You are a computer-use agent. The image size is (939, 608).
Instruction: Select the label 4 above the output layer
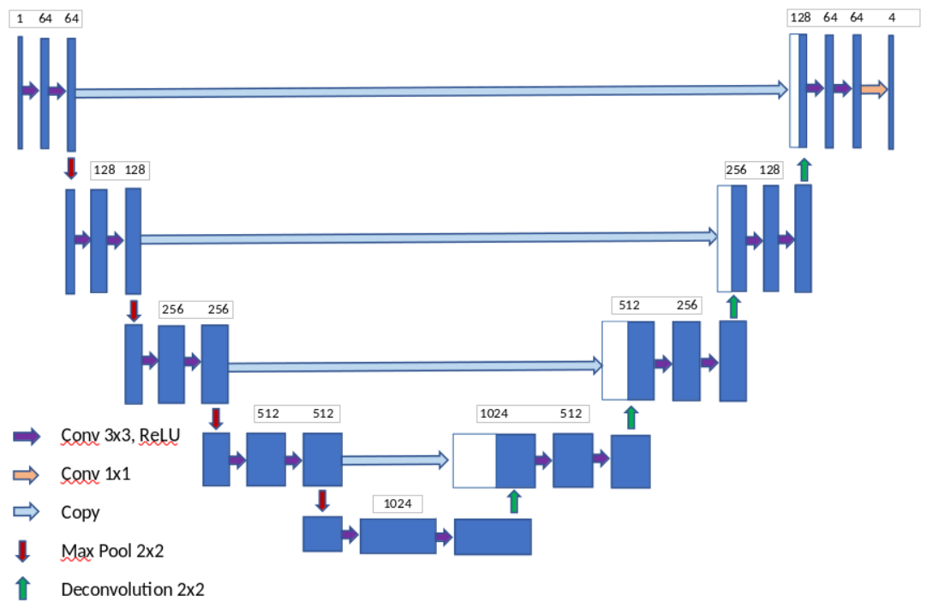892,17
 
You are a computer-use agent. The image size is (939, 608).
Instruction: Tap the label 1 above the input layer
20,17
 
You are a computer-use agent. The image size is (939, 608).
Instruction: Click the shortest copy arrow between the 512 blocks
395,461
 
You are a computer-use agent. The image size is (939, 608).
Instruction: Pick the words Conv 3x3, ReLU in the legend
120,436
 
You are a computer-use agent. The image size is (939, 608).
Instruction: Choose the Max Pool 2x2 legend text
112,551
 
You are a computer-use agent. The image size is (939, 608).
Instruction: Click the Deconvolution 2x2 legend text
133,589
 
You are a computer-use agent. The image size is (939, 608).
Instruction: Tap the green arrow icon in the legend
23,588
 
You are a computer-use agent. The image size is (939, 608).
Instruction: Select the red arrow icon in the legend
23,550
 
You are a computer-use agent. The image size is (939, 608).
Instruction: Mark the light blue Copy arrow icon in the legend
27,512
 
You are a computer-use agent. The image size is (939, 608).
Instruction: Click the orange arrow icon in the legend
27,474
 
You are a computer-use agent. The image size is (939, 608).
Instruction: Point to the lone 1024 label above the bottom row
398,503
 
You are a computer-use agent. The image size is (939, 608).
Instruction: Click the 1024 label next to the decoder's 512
494,413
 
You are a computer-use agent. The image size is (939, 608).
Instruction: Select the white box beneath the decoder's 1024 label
474,461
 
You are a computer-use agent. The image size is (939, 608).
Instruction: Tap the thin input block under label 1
20,93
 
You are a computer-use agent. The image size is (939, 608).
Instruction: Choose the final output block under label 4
891,93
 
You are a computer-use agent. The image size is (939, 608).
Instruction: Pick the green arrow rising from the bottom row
513,502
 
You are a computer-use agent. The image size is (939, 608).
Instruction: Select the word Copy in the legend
81,513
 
